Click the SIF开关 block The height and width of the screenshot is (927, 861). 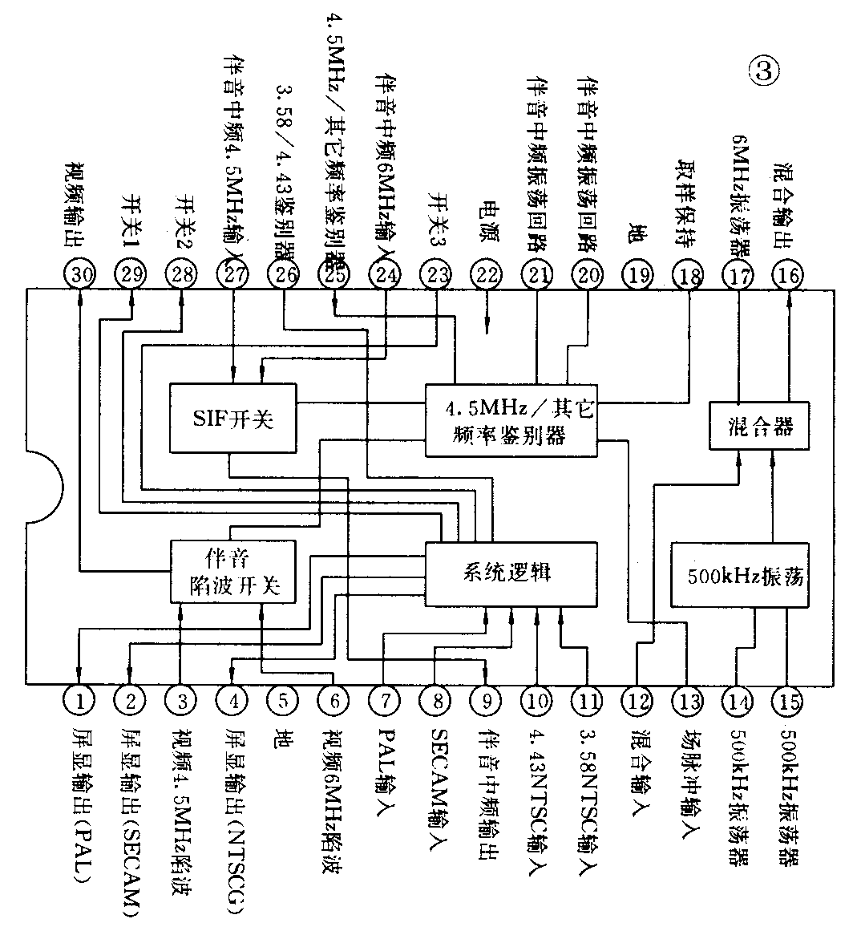(x=232, y=417)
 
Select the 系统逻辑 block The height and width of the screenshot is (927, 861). (x=511, y=573)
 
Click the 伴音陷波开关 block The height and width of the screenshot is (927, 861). (x=232, y=571)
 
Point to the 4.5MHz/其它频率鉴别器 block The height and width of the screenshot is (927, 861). (x=511, y=420)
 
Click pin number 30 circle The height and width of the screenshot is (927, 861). (x=80, y=274)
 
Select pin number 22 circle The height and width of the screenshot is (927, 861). (x=486, y=274)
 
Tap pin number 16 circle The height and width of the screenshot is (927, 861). (x=788, y=274)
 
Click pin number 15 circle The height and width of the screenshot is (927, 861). (x=788, y=701)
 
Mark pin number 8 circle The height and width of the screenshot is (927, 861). (x=436, y=700)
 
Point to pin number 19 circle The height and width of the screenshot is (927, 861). (x=638, y=274)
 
